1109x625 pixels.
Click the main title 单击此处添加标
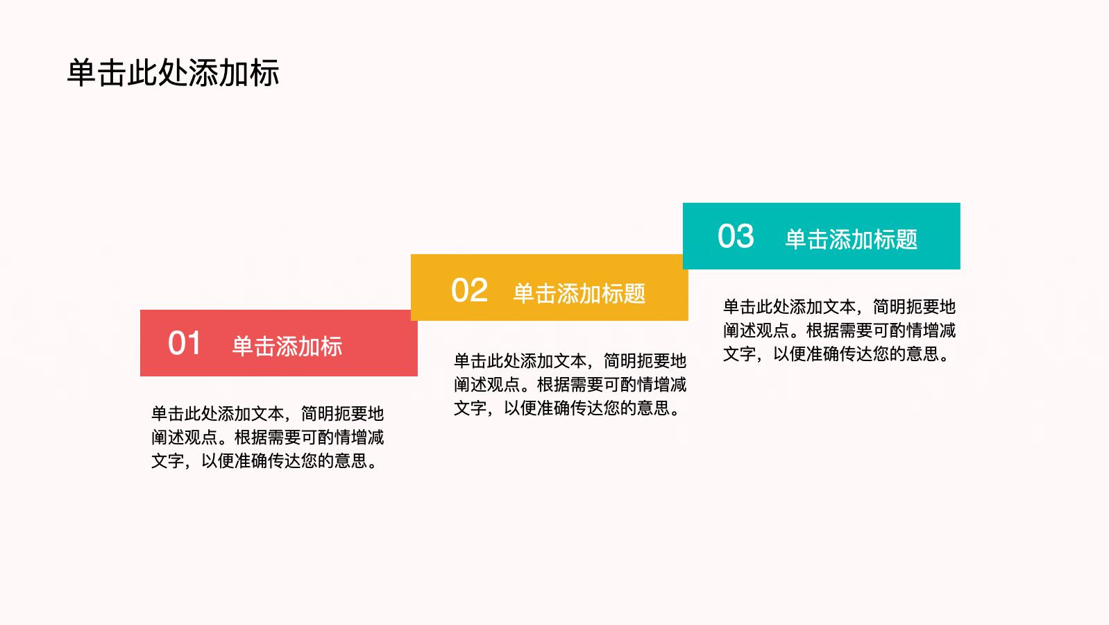coord(173,73)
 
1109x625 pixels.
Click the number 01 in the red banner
coord(184,343)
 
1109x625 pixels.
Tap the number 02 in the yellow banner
coord(469,290)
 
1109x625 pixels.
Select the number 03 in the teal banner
coord(736,236)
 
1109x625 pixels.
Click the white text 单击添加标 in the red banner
coord(287,346)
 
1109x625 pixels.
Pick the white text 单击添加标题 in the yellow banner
coord(579,293)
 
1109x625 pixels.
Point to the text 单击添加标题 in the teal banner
coord(851,239)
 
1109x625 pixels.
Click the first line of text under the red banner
coord(267,413)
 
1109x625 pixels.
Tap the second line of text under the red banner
coord(267,437)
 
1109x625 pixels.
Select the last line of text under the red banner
coord(264,461)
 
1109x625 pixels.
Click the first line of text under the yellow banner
coord(570,361)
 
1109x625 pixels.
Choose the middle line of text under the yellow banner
coord(570,384)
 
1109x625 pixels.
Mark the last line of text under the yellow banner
coord(567,408)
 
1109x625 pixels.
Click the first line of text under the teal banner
coord(839,307)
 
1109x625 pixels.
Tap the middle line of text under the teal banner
coord(839,331)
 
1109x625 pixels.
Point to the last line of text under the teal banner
coord(836,354)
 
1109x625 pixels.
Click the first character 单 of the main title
coord(81,74)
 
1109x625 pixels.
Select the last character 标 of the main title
coord(265,74)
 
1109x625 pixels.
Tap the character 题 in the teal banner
coord(906,239)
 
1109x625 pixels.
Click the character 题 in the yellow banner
coord(635,293)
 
